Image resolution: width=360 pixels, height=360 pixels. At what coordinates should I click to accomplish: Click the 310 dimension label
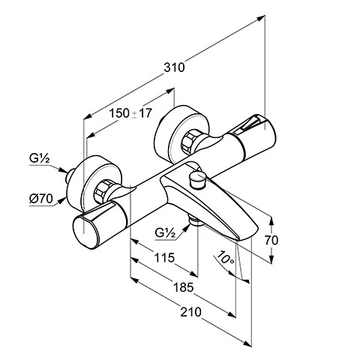[x=174, y=67]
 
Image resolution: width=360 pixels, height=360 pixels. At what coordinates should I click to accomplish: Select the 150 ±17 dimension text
[x=130, y=113]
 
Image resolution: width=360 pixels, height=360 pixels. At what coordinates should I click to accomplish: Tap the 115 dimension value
[x=164, y=257]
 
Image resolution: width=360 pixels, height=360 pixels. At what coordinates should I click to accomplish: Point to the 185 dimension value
[x=183, y=287]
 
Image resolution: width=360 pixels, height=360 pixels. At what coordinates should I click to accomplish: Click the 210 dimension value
[x=190, y=312]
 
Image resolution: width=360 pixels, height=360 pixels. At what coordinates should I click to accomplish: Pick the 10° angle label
[x=225, y=257]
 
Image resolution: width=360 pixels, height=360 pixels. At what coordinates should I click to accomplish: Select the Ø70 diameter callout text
[x=41, y=199]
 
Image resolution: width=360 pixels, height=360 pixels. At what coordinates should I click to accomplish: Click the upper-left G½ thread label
[x=40, y=158]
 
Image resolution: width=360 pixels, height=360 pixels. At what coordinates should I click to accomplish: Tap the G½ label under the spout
[x=165, y=232]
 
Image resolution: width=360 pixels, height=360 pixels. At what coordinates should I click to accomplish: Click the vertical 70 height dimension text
[x=271, y=240]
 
